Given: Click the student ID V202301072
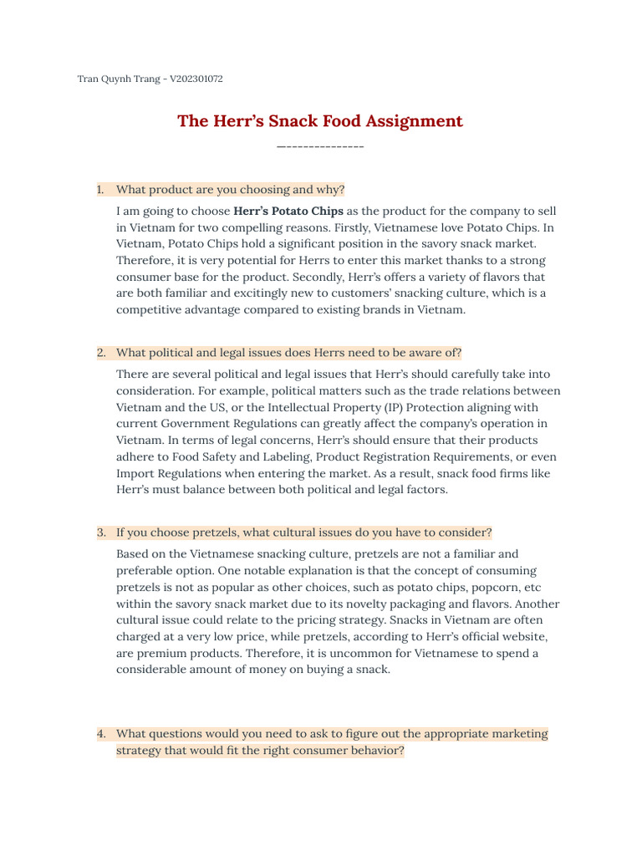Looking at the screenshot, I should (196, 79).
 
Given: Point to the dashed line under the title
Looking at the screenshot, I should (320, 147).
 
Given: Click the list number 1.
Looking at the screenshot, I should (100, 190).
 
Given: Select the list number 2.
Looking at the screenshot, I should (100, 353).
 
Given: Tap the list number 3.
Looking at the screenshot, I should (100, 532).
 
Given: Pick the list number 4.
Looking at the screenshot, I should (100, 734).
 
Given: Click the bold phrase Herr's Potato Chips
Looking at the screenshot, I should (288, 211).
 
